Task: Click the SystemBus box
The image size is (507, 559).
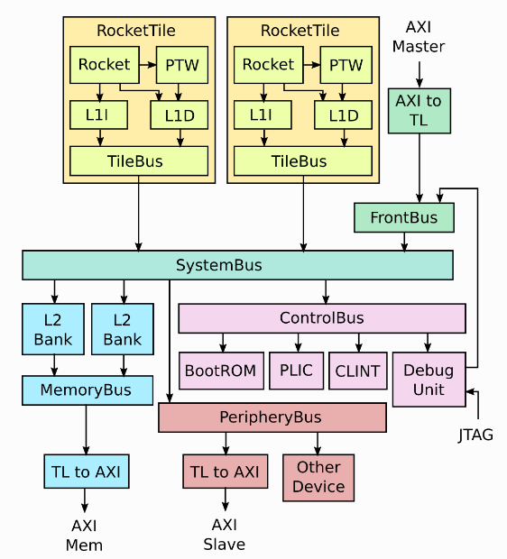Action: click(x=237, y=265)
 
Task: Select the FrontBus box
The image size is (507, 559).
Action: click(x=403, y=217)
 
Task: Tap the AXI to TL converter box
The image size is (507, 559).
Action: click(x=419, y=111)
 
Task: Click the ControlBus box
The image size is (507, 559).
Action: click(x=322, y=317)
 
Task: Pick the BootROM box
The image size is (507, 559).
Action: click(x=221, y=371)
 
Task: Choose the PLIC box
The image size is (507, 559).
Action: click(x=296, y=371)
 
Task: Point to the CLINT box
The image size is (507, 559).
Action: click(x=358, y=371)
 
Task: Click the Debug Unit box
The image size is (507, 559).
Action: click(x=429, y=380)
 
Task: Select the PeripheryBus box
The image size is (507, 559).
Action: click(x=272, y=417)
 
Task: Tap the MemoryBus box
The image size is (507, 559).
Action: click(x=86, y=390)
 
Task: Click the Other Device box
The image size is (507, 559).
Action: click(x=318, y=477)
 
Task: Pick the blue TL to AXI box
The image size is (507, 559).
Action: click(x=86, y=471)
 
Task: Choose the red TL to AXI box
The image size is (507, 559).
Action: click(x=225, y=471)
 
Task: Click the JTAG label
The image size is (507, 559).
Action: click(x=475, y=435)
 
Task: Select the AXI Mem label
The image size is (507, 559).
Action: click(x=85, y=536)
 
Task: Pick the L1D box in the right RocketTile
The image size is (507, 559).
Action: click(x=343, y=115)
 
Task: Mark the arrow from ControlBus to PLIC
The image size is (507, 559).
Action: click(x=296, y=344)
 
